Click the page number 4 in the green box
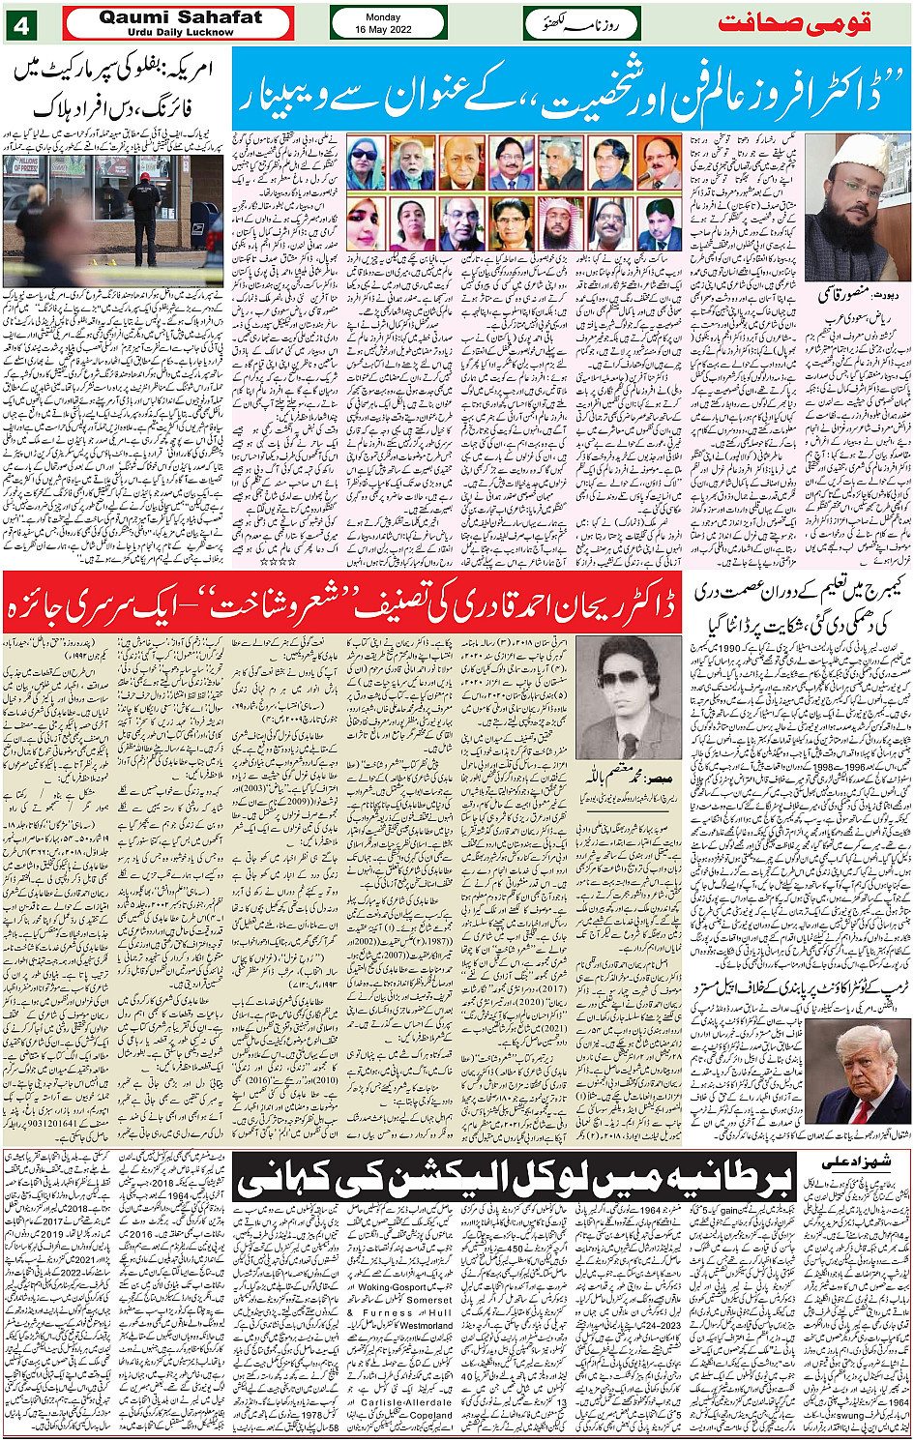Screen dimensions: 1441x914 pyautogui.click(x=21, y=23)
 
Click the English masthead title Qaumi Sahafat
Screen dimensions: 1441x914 pyautogui.click(x=180, y=17)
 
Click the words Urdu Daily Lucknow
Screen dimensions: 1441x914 pyautogui.click(x=180, y=32)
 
